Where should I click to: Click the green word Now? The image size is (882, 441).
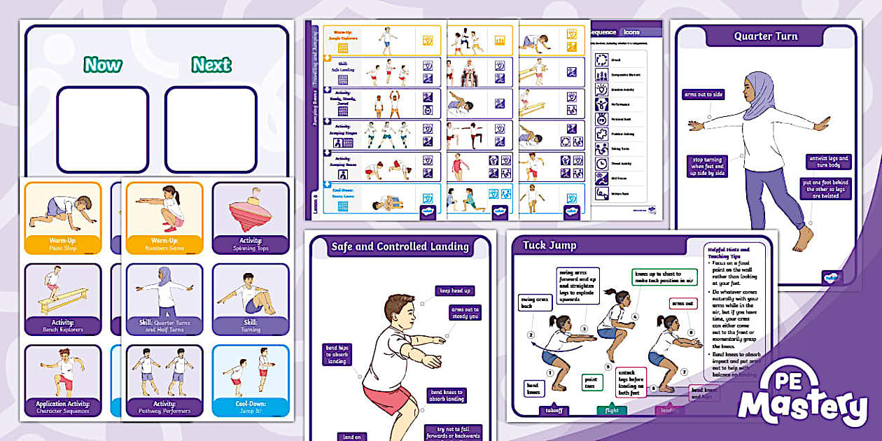click(x=102, y=65)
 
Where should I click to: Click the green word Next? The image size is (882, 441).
click(x=211, y=65)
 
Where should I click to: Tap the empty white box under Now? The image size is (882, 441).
click(x=102, y=129)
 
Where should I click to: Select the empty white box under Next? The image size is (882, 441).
click(x=211, y=129)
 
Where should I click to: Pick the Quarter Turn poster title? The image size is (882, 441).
click(x=765, y=36)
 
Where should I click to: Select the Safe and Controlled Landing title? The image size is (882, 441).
click(x=400, y=246)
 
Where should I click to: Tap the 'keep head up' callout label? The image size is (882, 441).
click(x=455, y=290)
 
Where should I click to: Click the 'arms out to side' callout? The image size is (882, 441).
click(x=703, y=94)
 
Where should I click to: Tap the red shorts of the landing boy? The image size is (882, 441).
click(x=386, y=398)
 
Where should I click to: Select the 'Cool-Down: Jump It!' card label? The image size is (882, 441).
click(x=250, y=407)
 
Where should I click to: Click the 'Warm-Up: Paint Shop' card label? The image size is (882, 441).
click(x=62, y=244)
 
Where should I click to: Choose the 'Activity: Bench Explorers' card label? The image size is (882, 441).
click(x=62, y=325)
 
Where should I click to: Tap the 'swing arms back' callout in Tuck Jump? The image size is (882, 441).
click(x=535, y=303)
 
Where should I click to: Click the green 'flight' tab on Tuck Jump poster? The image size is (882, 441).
click(x=611, y=410)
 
